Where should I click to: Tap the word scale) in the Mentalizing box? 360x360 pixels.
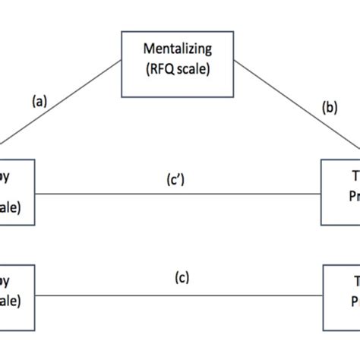pyautogui.click(x=194, y=70)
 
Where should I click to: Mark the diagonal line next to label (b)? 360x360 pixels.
pyautogui.click(x=296, y=106)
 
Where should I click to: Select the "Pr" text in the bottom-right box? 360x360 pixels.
pyautogui.click(x=352, y=299)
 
